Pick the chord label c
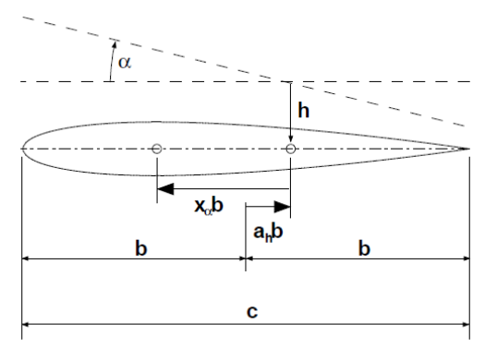pos(251,313)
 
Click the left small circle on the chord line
pos(156,149)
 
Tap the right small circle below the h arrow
pos(291,149)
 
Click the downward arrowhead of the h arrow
pos(291,138)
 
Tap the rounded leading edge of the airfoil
pos(23,149)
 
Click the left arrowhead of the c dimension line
pos(29,325)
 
